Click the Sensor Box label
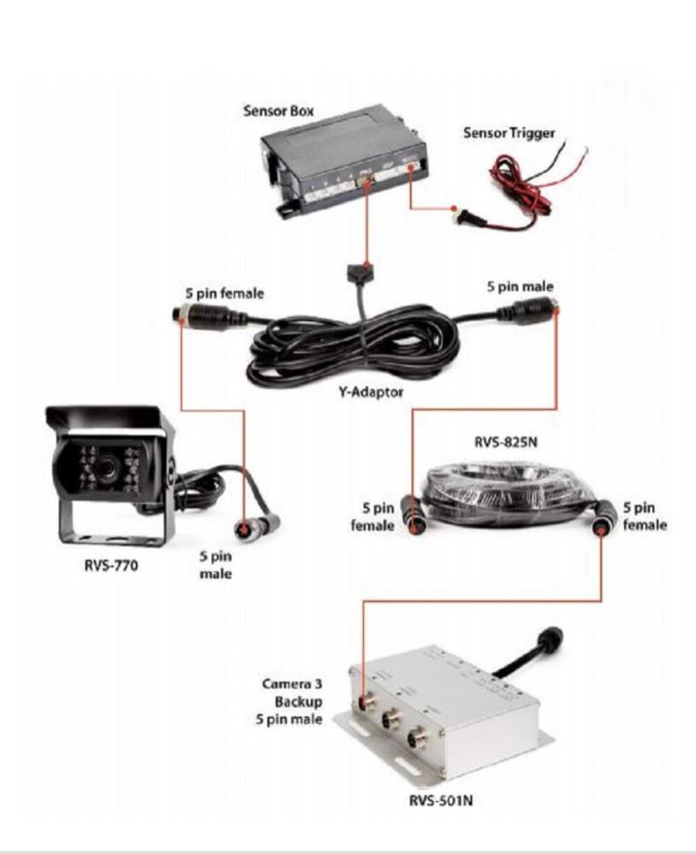click(278, 111)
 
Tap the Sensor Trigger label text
click(509, 132)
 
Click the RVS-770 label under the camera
click(111, 565)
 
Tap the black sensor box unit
click(341, 157)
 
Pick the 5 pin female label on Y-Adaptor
click(220, 293)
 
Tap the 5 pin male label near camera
click(215, 565)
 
